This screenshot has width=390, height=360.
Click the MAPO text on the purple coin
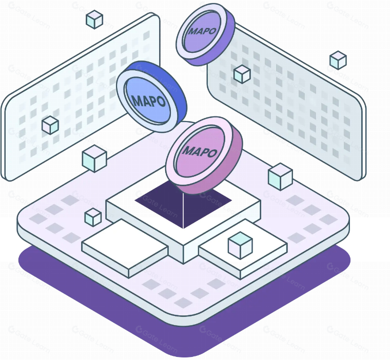(x=203, y=31)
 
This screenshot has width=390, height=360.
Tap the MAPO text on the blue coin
(x=149, y=101)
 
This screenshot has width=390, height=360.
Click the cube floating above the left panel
(x=94, y=19)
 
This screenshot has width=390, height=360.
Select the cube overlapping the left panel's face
(x=50, y=125)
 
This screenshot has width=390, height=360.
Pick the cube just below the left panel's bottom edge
(x=94, y=158)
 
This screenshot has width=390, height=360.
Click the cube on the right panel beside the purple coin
(x=242, y=74)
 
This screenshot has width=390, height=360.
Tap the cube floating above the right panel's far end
(x=338, y=60)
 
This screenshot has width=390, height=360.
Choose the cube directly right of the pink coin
(x=280, y=177)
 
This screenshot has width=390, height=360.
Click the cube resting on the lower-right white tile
(x=240, y=246)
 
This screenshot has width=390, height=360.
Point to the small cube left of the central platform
(x=93, y=217)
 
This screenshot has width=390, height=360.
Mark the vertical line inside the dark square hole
(x=183, y=211)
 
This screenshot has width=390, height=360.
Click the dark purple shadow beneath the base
(x=184, y=331)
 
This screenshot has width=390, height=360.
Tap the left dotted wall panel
(x=80, y=97)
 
